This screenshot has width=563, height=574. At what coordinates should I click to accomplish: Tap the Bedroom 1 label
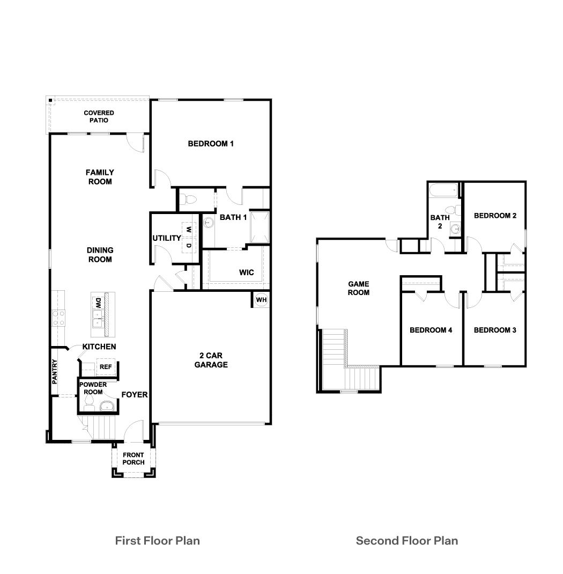pyautogui.click(x=211, y=144)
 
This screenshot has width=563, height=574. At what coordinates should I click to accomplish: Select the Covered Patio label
pyautogui.click(x=99, y=116)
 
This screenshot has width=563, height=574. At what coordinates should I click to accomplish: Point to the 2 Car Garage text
pyautogui.click(x=211, y=360)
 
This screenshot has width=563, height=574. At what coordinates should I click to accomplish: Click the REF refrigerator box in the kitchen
pyautogui.click(x=106, y=367)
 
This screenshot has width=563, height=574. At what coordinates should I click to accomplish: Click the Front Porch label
pyautogui.click(x=133, y=459)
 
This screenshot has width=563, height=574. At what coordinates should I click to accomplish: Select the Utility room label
pyautogui.click(x=166, y=238)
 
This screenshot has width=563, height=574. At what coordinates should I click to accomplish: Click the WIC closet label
pyautogui.click(x=247, y=273)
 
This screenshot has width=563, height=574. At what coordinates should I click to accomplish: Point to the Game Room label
pyautogui.click(x=359, y=288)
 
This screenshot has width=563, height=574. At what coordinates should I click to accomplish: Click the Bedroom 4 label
pyautogui.click(x=431, y=330)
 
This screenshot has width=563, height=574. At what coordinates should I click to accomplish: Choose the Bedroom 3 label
pyautogui.click(x=495, y=330)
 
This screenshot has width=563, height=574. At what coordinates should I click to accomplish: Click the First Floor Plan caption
pyautogui.click(x=157, y=540)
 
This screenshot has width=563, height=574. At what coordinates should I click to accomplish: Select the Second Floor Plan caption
pyautogui.click(x=407, y=540)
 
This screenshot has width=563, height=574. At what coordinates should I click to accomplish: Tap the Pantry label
pyautogui.click(x=55, y=372)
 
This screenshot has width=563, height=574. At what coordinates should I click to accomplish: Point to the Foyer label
pyautogui.click(x=134, y=395)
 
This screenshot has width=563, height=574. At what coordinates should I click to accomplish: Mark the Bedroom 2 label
pyautogui.click(x=495, y=216)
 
